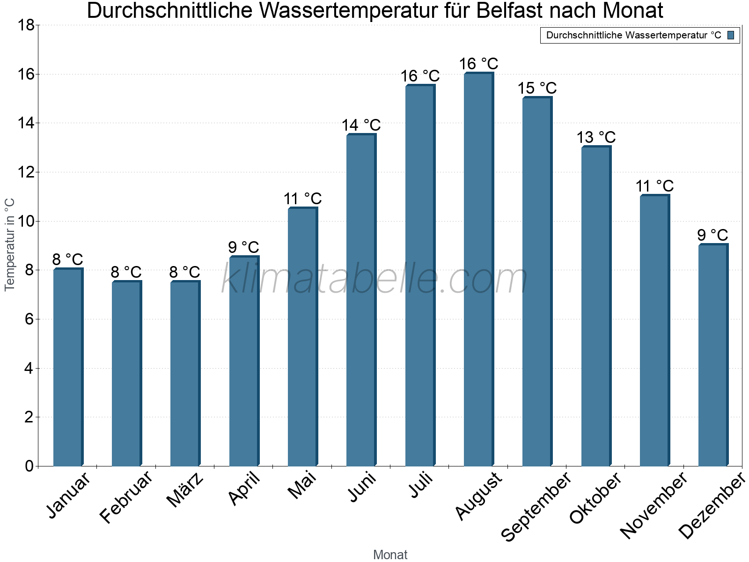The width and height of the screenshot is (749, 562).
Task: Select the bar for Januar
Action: tap(68, 368)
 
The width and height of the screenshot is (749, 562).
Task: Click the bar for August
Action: tap(478, 269)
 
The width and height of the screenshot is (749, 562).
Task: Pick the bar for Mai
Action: tap(302, 337)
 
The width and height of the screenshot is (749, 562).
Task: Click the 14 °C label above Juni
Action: tap(361, 126)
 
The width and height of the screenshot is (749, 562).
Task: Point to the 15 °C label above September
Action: tap(537, 88)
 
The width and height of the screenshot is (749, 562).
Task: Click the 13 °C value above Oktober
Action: tap(596, 138)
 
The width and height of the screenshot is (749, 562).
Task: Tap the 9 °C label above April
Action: tap(243, 247)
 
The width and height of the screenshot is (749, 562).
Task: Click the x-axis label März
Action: tap(185, 490)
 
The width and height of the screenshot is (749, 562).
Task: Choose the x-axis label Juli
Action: tap(421, 486)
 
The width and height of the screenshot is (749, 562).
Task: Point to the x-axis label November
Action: tap(654, 505)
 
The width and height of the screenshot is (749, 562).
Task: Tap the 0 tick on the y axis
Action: tap(29, 466)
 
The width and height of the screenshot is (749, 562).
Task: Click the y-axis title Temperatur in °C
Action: tap(10, 244)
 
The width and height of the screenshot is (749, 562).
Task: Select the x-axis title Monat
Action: tap(390, 555)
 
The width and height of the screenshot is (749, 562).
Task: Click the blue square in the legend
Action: tap(731, 35)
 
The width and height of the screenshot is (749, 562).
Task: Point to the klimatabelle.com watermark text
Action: tap(374, 279)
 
